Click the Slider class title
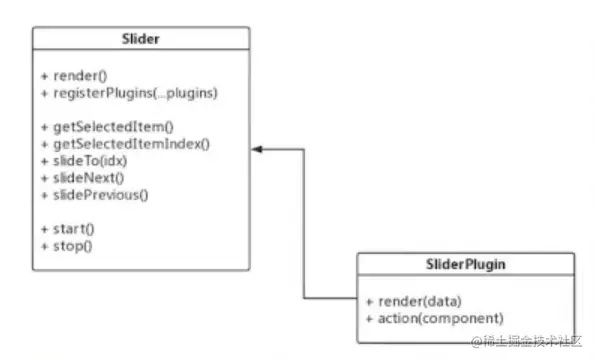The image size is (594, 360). pyautogui.click(x=140, y=39)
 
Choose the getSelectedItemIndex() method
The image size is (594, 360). pyautogui.click(x=124, y=142)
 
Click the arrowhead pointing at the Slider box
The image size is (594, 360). pyautogui.click(x=256, y=150)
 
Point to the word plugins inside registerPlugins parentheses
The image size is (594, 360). pyautogui.click(x=194, y=93)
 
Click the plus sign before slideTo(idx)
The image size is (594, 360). pyautogui.click(x=45, y=160)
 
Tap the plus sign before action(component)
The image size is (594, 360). pyautogui.click(x=370, y=317)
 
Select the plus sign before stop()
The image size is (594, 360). pyautogui.click(x=45, y=245)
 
